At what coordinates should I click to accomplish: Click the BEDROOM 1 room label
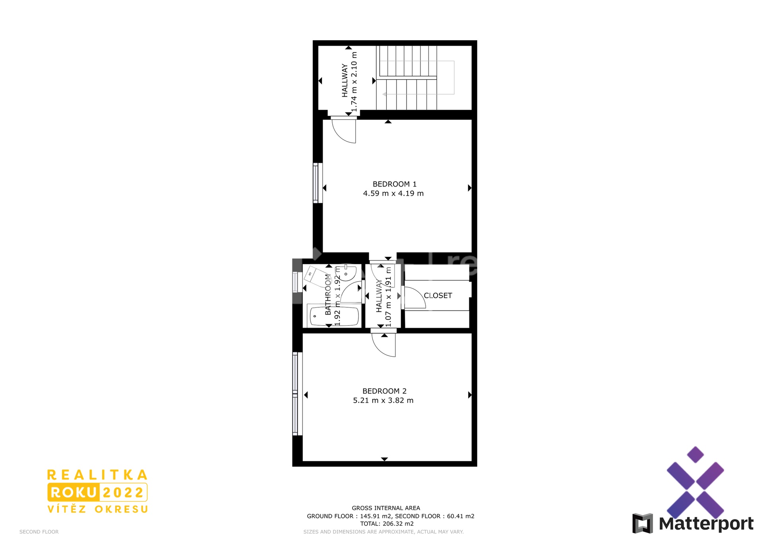click(x=394, y=184)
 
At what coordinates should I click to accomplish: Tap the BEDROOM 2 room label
click(x=384, y=391)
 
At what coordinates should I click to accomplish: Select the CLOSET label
click(x=438, y=295)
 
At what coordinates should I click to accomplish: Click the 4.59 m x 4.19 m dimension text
click(x=393, y=194)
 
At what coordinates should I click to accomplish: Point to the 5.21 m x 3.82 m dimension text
click(x=383, y=400)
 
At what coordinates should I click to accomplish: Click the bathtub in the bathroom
click(x=334, y=317)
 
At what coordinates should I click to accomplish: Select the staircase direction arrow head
click(x=385, y=94)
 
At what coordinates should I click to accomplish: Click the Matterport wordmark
click(x=706, y=524)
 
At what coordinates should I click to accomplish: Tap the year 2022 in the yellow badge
click(x=123, y=493)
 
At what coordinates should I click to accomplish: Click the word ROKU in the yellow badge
click(x=74, y=493)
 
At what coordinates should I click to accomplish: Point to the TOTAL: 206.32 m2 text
click(x=387, y=524)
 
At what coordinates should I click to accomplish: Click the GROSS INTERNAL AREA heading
click(x=386, y=508)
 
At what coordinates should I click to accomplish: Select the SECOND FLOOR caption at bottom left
click(x=39, y=532)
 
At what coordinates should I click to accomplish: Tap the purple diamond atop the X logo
click(x=695, y=455)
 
